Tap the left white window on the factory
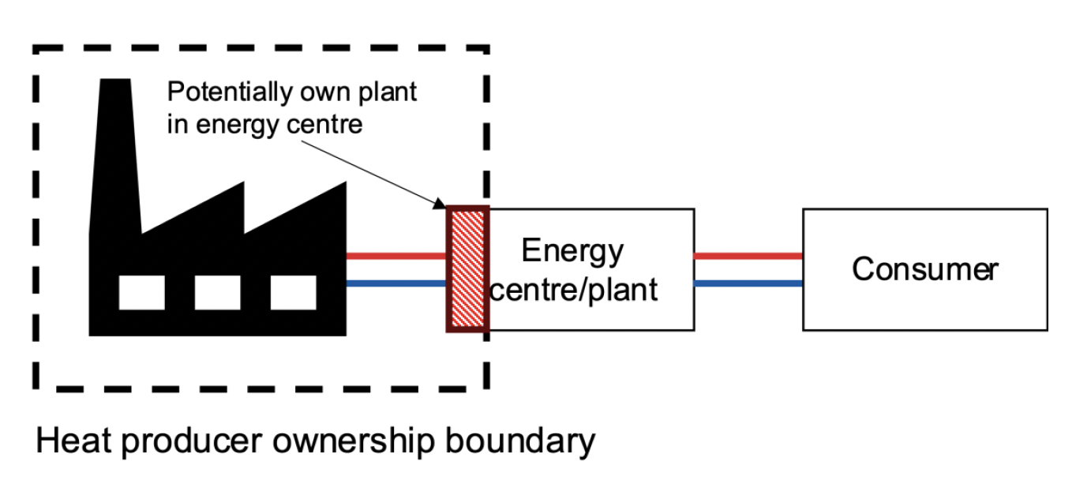pyautogui.click(x=142, y=292)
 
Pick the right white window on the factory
pyautogui.click(x=294, y=292)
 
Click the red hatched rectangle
pyautogui.click(x=467, y=268)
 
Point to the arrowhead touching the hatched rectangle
pyautogui.click(x=440, y=205)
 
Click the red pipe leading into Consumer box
pyautogui.click(x=748, y=256)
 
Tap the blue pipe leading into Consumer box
pyautogui.click(x=748, y=283)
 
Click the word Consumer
pyautogui.click(x=924, y=270)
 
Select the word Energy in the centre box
pyautogui.click(x=572, y=252)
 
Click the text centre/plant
pyautogui.click(x=574, y=290)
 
